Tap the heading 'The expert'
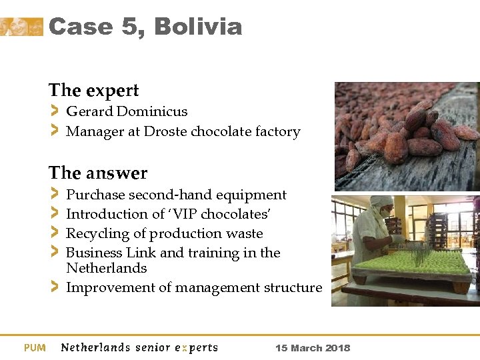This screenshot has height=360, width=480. click(93, 90)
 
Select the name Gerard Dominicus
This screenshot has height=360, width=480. click(127, 111)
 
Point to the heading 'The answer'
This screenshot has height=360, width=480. click(98, 173)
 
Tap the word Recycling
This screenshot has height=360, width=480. click(96, 233)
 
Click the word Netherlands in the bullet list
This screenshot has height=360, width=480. click(106, 268)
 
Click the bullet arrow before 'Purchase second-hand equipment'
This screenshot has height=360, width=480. click(54, 195)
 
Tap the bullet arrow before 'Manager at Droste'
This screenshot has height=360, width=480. click(54, 131)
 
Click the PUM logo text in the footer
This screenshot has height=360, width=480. click(35, 347)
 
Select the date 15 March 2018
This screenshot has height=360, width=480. click(312, 348)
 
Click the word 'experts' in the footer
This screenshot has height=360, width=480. click(196, 347)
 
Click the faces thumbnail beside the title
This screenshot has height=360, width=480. click(21, 27)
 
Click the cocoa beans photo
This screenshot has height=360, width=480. click(406, 136)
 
